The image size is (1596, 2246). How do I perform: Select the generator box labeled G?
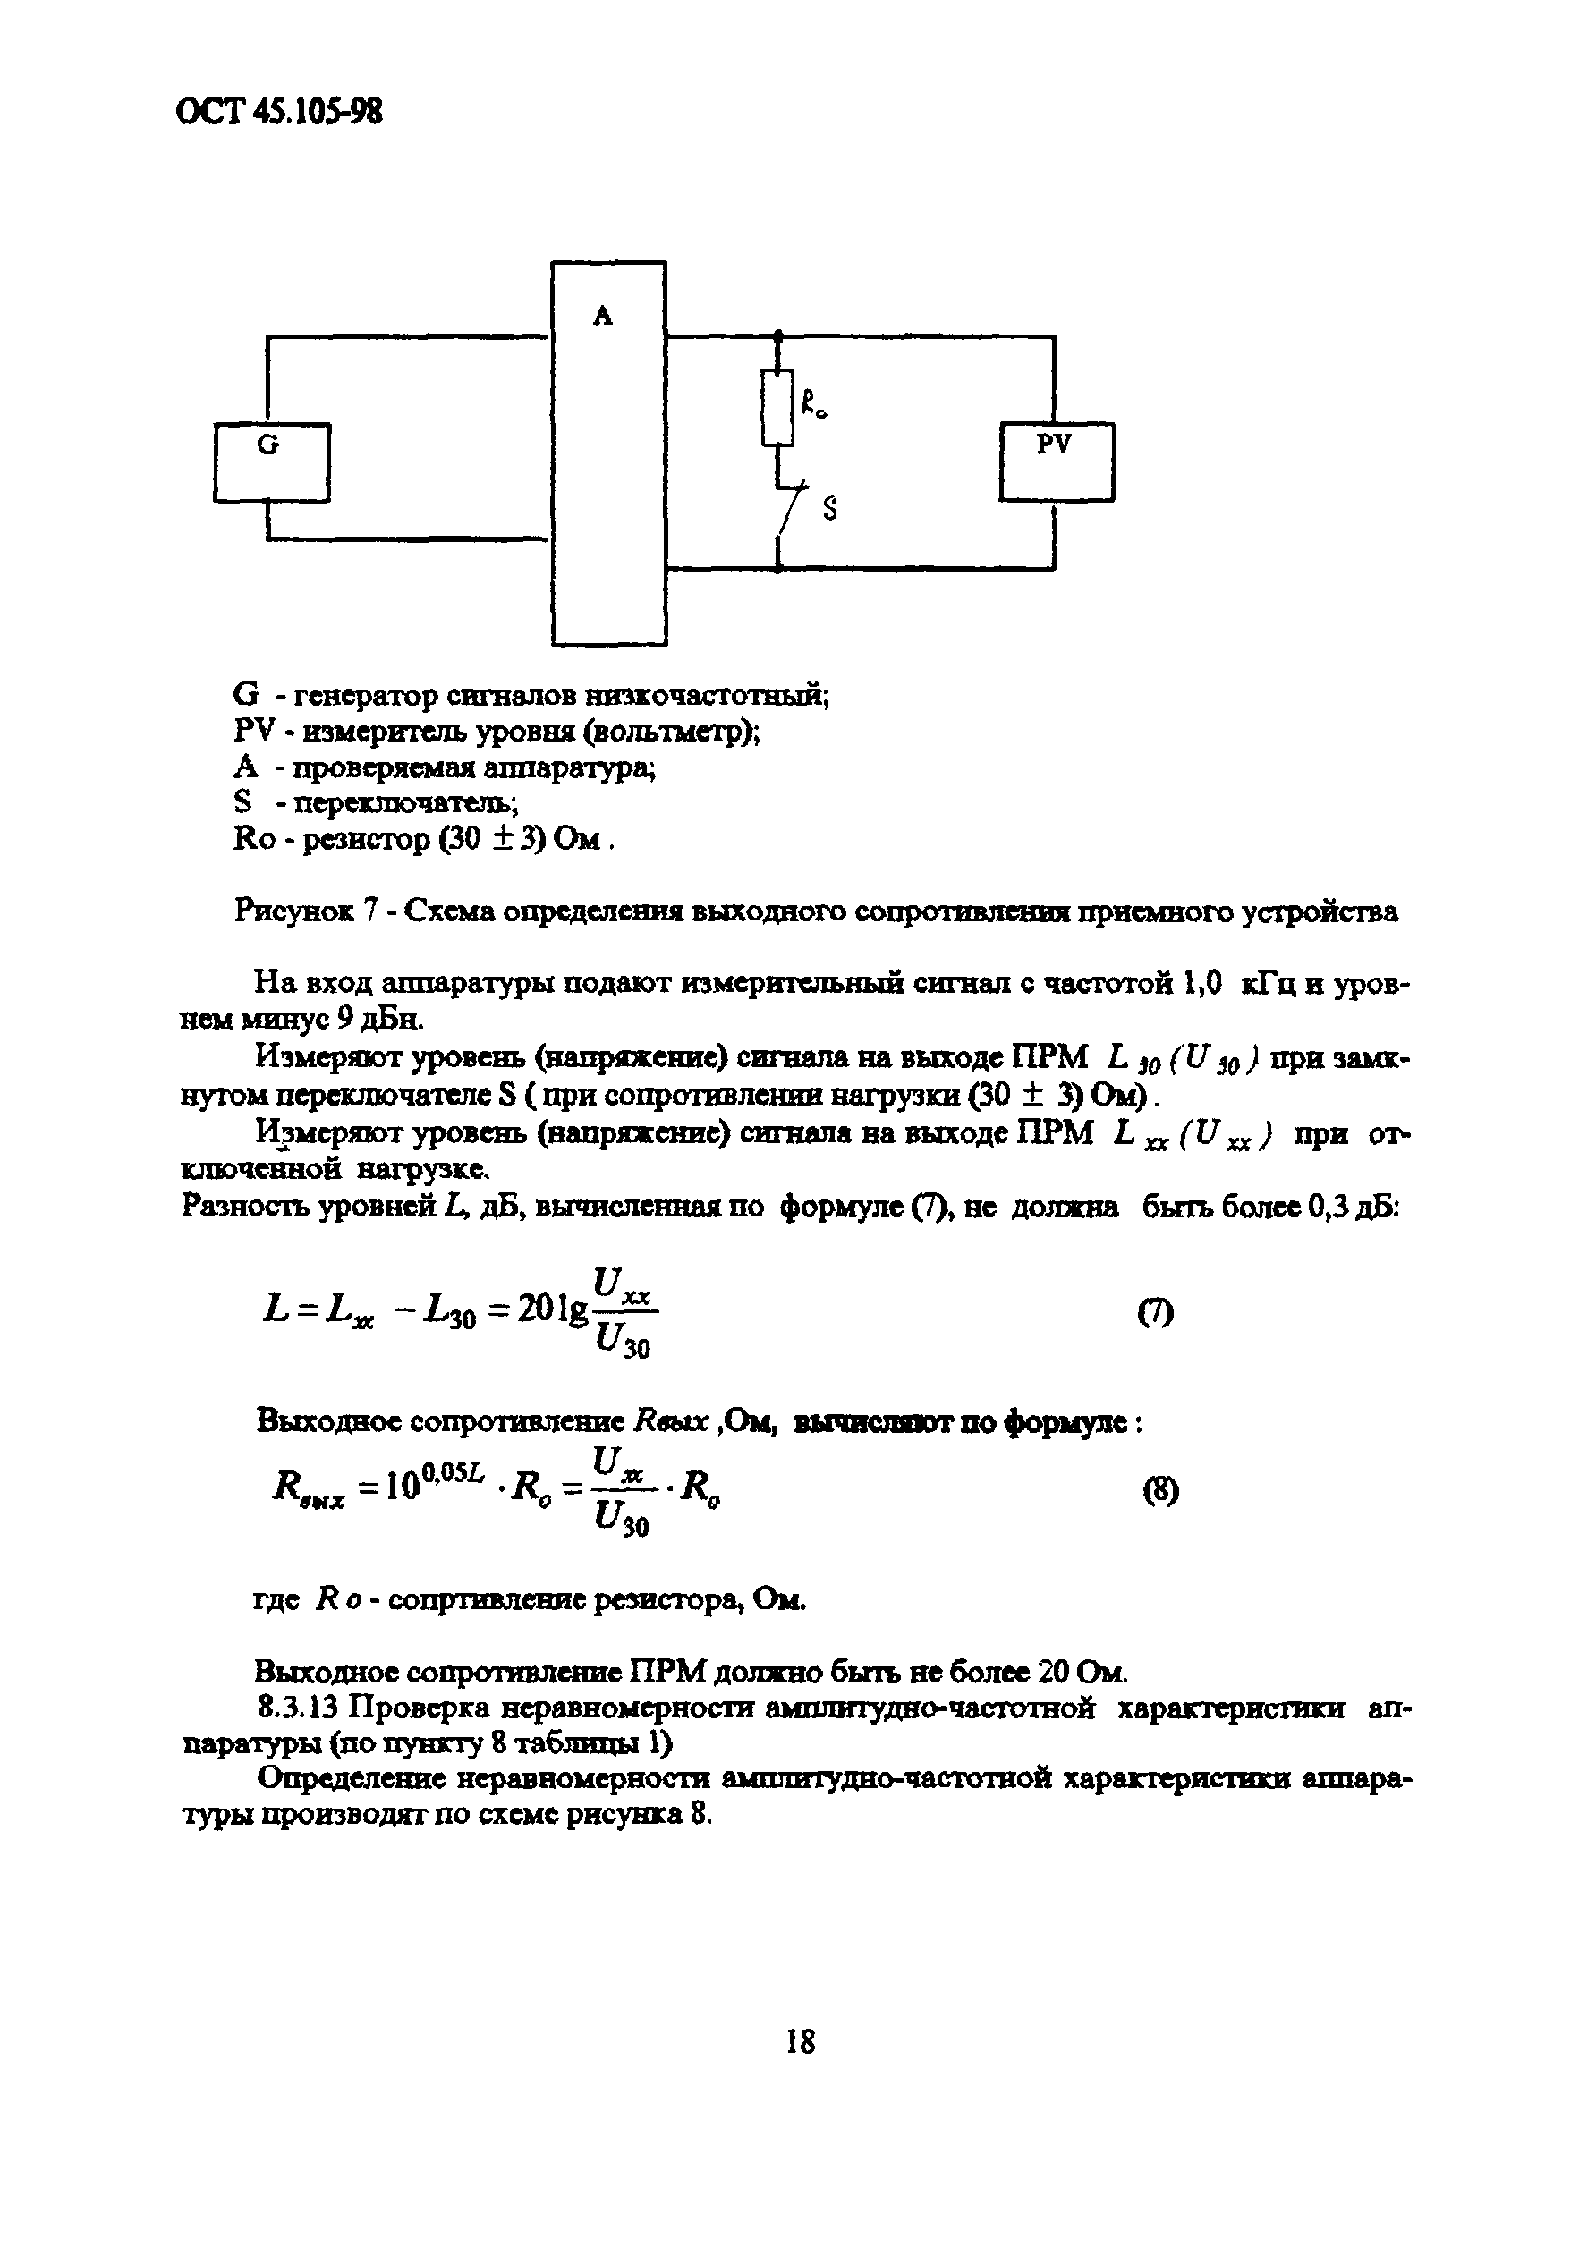[271, 462]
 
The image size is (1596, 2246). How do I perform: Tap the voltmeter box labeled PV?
[1057, 461]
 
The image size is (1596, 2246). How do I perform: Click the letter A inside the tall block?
[602, 316]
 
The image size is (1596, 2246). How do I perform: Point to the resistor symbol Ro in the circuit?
[777, 407]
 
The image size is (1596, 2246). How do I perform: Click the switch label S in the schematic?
[829, 509]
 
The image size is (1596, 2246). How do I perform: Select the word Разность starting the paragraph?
[245, 1207]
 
